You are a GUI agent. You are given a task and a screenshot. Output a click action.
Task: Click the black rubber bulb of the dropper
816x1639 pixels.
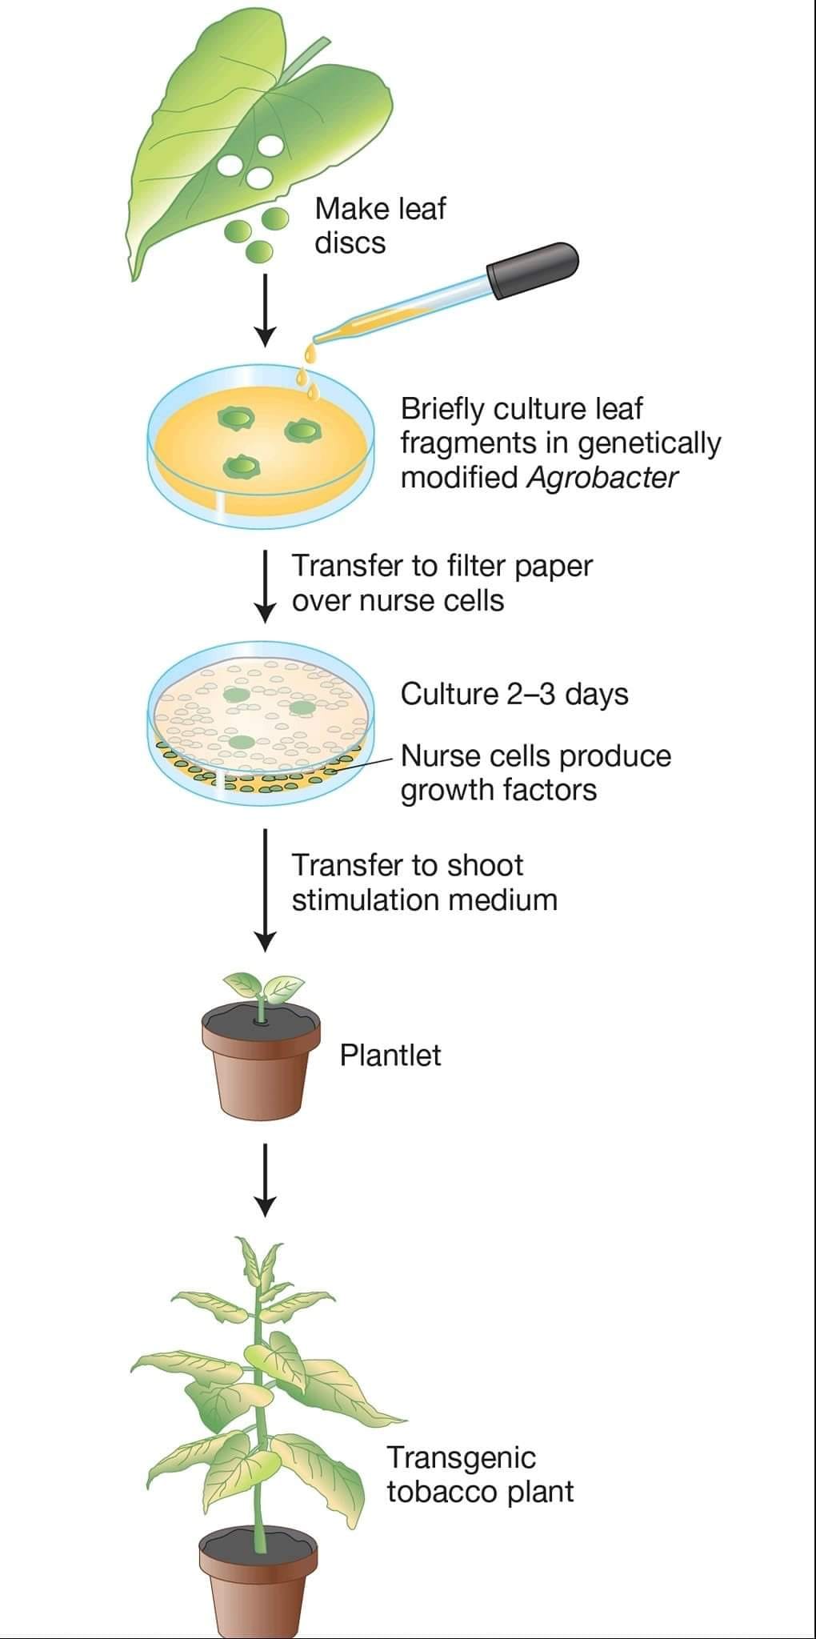pyautogui.click(x=533, y=270)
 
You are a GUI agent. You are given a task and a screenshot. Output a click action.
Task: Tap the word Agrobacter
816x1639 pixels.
pyautogui.click(x=603, y=478)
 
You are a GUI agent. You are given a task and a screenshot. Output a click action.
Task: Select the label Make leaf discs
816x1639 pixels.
pyautogui.click(x=380, y=225)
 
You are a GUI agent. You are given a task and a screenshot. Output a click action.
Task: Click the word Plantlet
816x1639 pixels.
pyautogui.click(x=390, y=1055)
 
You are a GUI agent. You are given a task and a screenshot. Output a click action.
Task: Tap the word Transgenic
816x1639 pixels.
pyautogui.click(x=462, y=1459)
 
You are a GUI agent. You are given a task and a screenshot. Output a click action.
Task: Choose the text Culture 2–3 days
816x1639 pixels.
pyautogui.click(x=514, y=694)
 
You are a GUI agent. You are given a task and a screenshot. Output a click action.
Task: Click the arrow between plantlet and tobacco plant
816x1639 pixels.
pyautogui.click(x=265, y=1180)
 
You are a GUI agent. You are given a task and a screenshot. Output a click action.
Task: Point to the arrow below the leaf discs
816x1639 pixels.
pyautogui.click(x=265, y=311)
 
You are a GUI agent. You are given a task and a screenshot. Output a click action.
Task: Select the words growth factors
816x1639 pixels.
pyautogui.click(x=498, y=791)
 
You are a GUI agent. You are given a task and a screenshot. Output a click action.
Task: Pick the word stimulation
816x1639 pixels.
pyautogui.click(x=367, y=900)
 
